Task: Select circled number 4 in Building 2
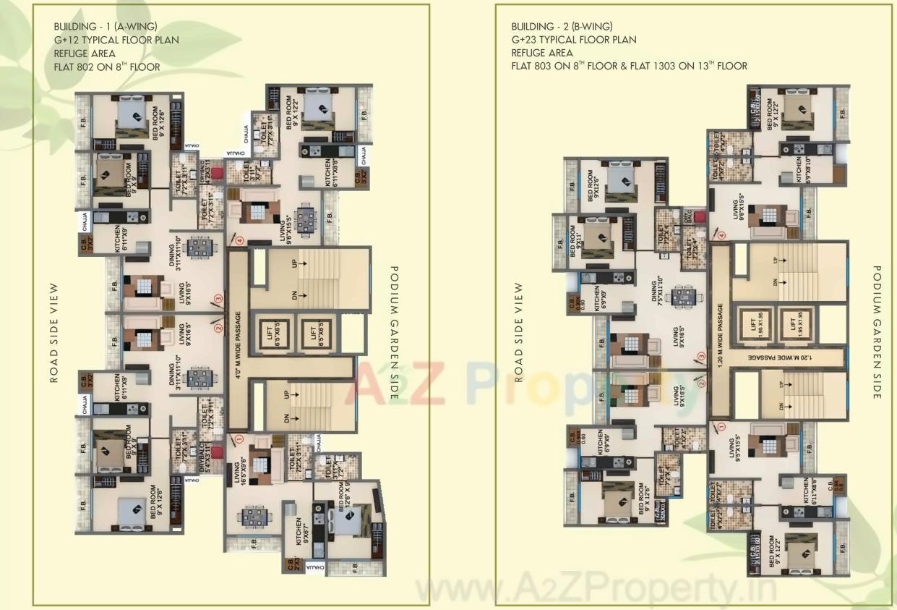(x=721, y=234)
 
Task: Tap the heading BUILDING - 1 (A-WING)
(x=105, y=27)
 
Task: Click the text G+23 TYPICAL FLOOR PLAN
(x=574, y=40)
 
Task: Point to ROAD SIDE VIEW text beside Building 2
(x=518, y=331)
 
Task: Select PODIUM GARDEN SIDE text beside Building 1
(x=394, y=332)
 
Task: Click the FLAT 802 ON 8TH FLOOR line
(x=106, y=67)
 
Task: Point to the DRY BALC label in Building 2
(x=678, y=216)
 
